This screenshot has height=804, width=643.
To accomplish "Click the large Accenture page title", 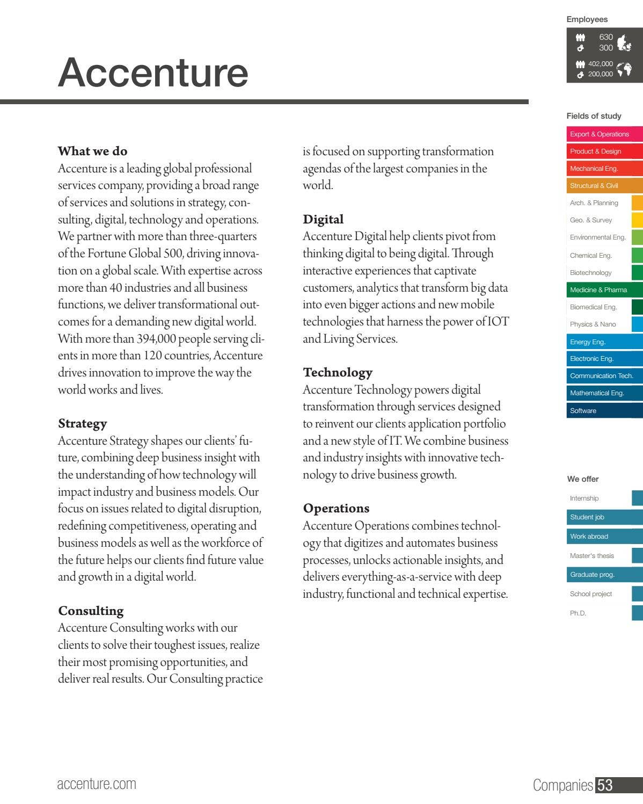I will click(153, 73).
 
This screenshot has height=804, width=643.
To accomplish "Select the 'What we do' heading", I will click(92, 151).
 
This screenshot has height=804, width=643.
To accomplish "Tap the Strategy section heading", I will click(82, 423).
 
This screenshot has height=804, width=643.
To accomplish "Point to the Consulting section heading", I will click(90, 611).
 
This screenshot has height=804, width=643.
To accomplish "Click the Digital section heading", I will click(323, 219).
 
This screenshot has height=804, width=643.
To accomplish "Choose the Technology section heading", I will click(337, 372).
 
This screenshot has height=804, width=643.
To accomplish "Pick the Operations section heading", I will click(336, 508).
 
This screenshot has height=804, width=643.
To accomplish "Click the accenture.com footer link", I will click(97, 784).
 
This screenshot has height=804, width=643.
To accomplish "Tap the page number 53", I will click(605, 785).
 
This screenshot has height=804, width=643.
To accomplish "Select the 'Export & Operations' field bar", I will click(604, 134).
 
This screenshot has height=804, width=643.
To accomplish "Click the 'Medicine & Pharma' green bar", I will click(604, 290).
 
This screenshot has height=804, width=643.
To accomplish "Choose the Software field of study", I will click(604, 411).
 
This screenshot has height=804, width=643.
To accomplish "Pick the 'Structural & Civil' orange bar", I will click(604, 186).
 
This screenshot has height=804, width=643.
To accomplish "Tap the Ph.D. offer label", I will click(578, 613).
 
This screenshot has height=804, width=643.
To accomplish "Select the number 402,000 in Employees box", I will click(600, 64).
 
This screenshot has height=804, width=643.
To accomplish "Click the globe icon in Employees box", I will click(624, 69).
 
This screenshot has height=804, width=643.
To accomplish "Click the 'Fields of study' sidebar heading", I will click(594, 116).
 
